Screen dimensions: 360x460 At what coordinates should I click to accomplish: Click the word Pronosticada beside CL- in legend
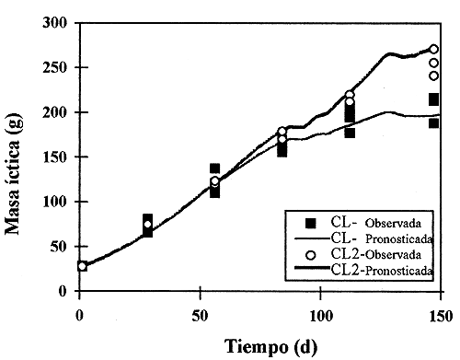click(393, 238)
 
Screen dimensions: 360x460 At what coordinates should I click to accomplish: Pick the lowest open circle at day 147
click(433, 75)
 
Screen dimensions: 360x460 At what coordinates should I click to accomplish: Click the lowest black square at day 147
click(433, 123)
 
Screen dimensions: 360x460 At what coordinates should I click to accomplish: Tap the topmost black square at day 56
click(214, 168)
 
